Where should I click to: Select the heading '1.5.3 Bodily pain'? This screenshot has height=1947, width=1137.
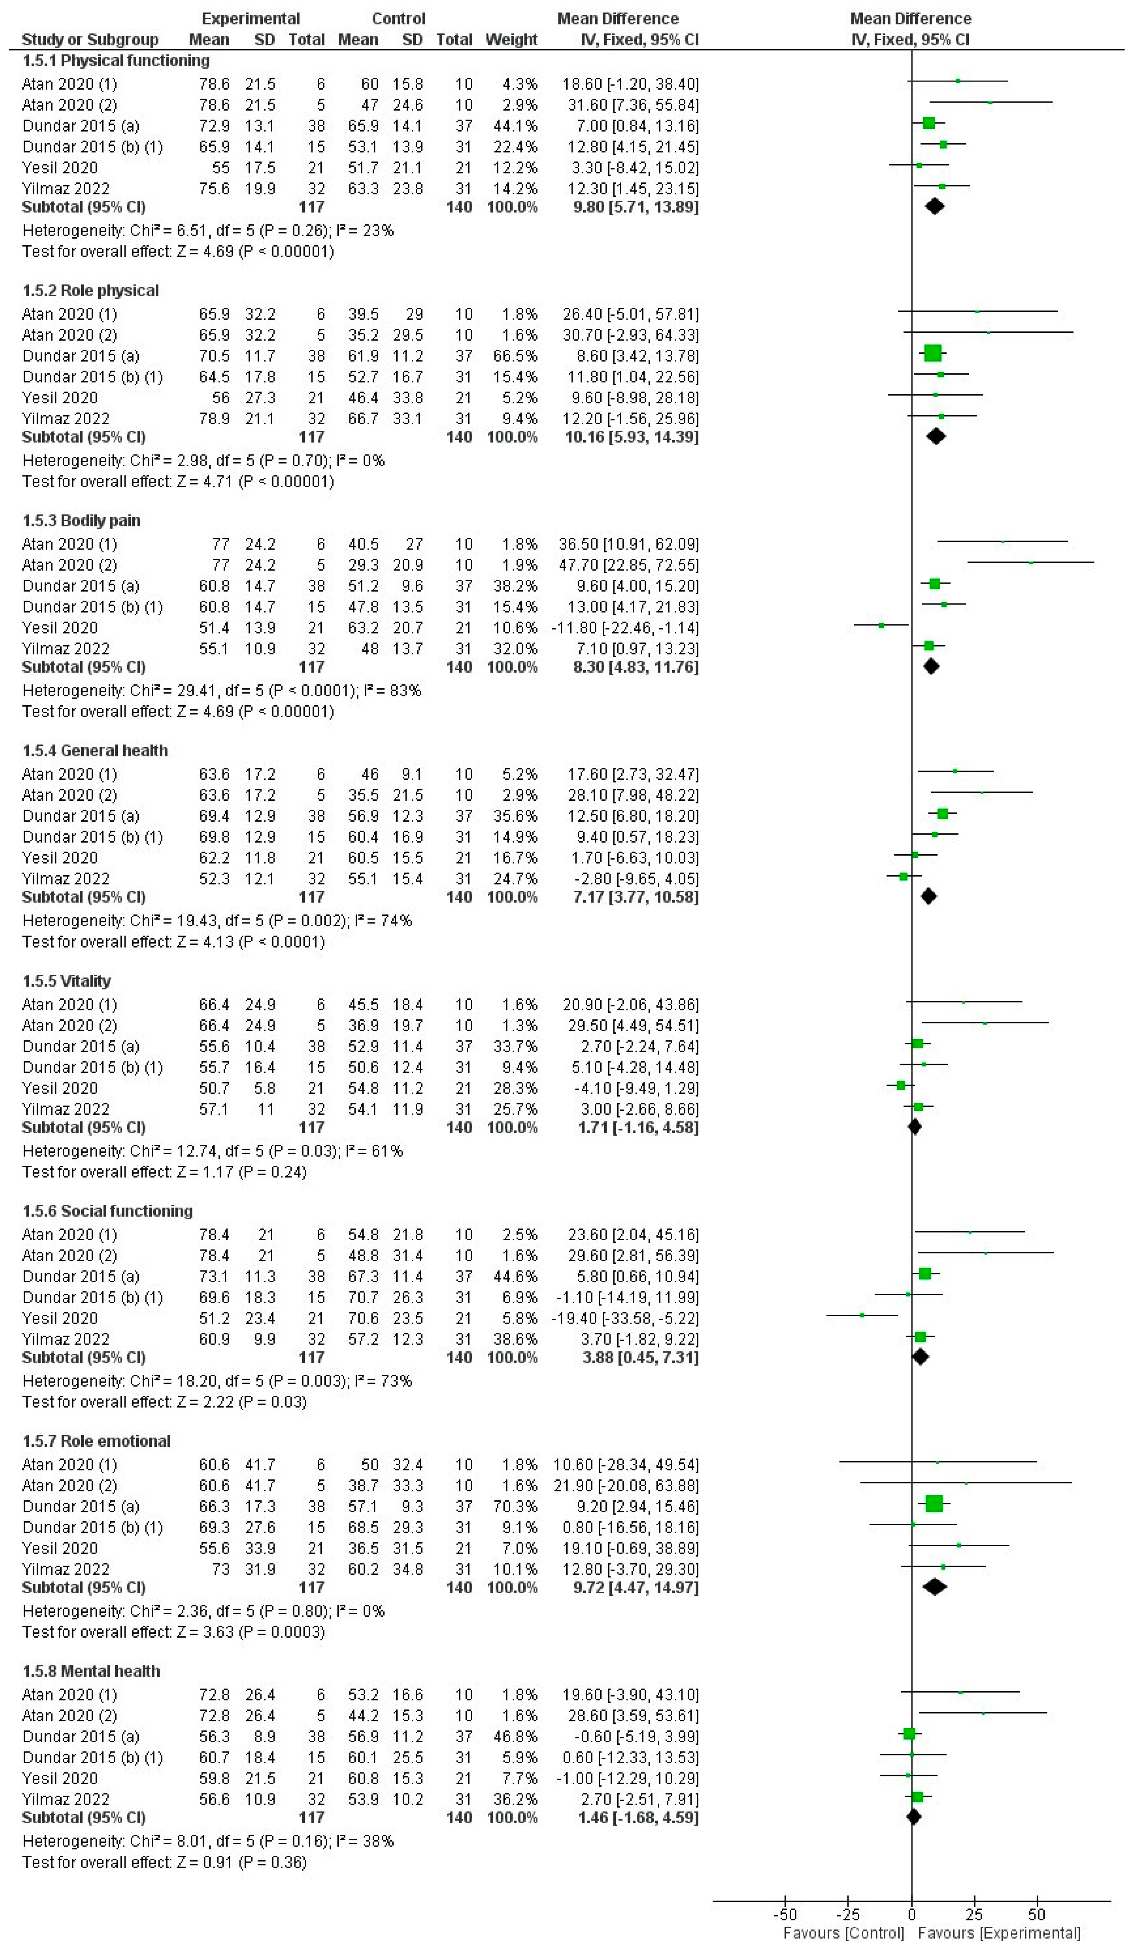81,521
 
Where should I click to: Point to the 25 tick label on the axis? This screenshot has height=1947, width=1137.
974,1915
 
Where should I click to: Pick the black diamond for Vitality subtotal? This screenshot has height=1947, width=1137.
915,1127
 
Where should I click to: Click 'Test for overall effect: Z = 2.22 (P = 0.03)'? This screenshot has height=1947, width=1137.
165,1402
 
